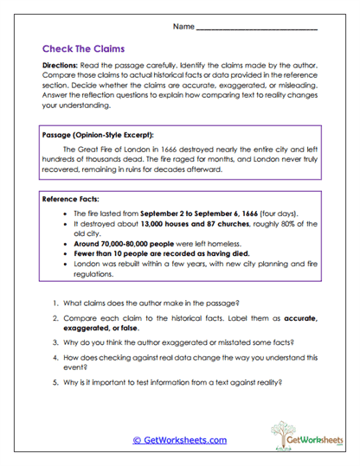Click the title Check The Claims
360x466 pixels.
(x=82, y=49)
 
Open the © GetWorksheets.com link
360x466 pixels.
(x=180, y=440)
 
